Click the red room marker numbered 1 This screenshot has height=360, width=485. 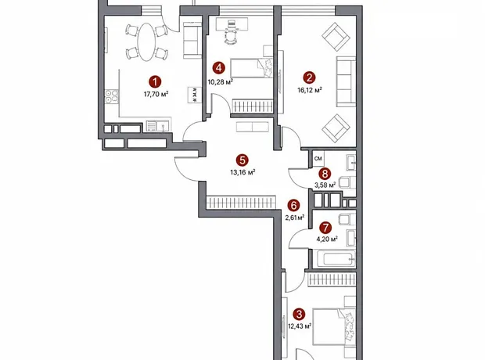(x=155, y=82)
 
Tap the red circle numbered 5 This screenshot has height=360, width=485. (x=242, y=160)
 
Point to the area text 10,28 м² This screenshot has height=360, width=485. (x=221, y=81)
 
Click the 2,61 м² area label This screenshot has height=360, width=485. (x=294, y=218)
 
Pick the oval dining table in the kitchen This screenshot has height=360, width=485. (x=147, y=42)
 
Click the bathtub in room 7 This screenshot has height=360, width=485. (x=335, y=258)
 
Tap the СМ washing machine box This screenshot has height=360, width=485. (x=318, y=159)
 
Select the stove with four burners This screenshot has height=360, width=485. (x=111, y=96)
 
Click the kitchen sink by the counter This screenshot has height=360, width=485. (x=163, y=126)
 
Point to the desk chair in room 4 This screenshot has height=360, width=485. (x=230, y=37)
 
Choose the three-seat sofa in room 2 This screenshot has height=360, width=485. (x=346, y=81)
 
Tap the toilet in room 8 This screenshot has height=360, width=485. (x=347, y=182)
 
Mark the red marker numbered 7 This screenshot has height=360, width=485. (x=325, y=228)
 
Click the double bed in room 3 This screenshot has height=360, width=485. (x=334, y=326)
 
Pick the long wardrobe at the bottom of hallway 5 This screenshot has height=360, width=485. (x=241, y=203)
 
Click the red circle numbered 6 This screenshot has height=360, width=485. (x=293, y=205)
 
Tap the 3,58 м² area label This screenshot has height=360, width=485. (x=325, y=185)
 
